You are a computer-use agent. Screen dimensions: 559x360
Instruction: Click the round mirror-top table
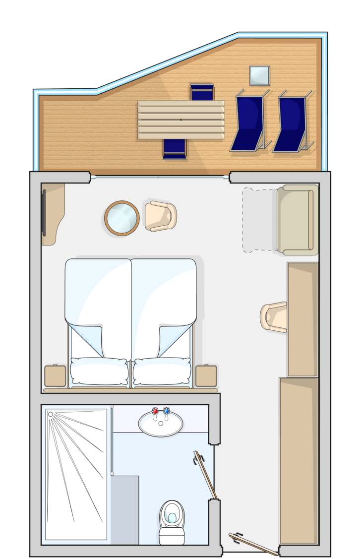(122, 218)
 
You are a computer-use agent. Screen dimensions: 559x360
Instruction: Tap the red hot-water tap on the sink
(155, 411)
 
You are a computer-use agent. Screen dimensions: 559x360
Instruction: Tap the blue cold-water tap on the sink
(167, 411)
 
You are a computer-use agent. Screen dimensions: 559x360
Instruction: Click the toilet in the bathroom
(172, 521)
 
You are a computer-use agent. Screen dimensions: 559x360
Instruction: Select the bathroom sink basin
(161, 425)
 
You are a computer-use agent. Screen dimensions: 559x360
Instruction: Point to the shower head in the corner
(51, 414)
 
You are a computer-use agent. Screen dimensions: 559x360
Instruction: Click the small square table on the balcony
(259, 75)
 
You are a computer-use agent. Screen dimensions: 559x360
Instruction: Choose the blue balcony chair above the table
(202, 92)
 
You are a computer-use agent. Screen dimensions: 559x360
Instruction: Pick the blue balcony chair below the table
(175, 149)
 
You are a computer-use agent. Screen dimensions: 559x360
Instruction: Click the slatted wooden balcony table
(181, 120)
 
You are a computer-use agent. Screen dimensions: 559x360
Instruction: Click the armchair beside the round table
(161, 216)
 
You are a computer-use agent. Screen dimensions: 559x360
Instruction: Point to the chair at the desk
(274, 317)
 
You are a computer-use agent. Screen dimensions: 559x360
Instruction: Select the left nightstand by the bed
(55, 375)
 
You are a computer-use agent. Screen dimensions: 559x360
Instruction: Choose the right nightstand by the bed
(206, 375)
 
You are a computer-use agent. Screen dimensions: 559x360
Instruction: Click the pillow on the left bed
(99, 371)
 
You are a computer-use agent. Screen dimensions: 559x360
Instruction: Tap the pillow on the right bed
(162, 371)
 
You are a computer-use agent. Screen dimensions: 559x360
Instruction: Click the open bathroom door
(206, 473)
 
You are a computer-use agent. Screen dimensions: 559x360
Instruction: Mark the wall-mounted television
(44, 212)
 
